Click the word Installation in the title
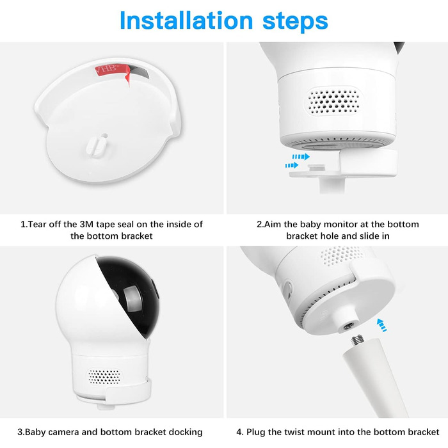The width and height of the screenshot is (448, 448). coord(186,20)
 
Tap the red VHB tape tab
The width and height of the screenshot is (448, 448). coord(111,72)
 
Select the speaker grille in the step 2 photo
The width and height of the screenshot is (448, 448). coord(333,100)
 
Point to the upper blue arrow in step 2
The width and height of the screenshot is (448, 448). coord(301,157)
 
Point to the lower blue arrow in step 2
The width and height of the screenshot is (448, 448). coord(292,165)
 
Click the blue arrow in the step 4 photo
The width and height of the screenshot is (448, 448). coord(381,325)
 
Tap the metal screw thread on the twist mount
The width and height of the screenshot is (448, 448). coord(356,340)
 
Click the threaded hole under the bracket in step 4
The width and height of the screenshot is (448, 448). coord(348,326)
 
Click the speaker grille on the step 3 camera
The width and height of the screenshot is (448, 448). coord(104,376)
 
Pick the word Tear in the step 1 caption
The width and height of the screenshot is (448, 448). coord(37,224)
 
